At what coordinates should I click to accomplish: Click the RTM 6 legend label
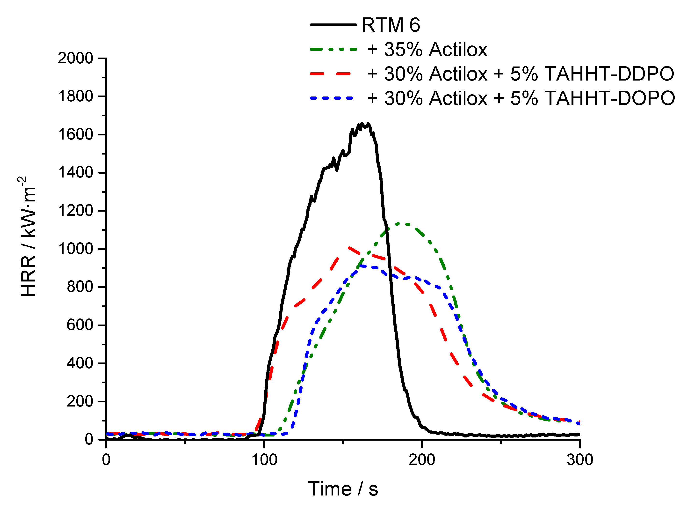[x=391, y=25]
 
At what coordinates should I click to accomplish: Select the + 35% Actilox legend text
[x=427, y=49]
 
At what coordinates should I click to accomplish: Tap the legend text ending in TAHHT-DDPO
[x=520, y=74]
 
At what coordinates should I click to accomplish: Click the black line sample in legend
[x=333, y=25]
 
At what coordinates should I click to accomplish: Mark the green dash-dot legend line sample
[x=333, y=49]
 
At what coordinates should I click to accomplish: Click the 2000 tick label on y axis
[x=75, y=58]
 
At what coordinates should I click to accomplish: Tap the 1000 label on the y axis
[x=75, y=249]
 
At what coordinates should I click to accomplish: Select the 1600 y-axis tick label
[x=75, y=135]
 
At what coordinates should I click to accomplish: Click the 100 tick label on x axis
[x=264, y=460]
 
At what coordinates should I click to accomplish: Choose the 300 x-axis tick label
[x=580, y=460]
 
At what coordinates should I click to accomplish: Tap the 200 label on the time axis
[x=422, y=460]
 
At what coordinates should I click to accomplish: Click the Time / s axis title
[x=343, y=489]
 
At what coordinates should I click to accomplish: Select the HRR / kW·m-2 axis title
[x=28, y=236]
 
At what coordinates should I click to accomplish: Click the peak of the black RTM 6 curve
[x=362, y=124]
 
